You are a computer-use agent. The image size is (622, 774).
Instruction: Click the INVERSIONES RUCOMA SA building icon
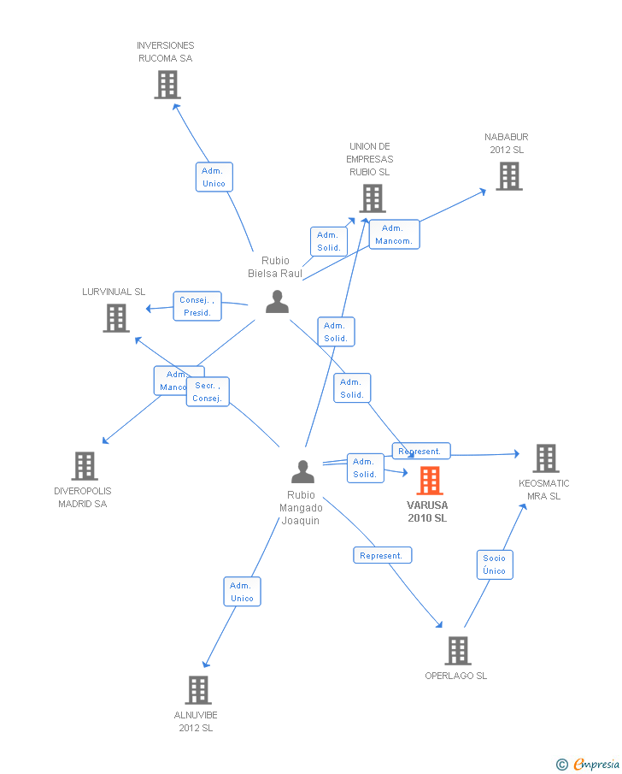point(167,85)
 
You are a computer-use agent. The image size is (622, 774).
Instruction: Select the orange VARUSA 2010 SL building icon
point(430,481)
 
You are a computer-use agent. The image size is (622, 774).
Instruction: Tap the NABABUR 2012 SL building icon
point(509,176)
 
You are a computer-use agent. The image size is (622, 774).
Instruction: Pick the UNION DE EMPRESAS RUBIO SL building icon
point(372,198)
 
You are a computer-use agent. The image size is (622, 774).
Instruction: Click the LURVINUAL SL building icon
point(115,318)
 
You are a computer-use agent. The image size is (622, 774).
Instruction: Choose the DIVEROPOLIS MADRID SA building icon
point(84,466)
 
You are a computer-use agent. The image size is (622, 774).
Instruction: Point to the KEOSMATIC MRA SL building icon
point(545,458)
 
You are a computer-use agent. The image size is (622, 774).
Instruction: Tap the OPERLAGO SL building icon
point(457,651)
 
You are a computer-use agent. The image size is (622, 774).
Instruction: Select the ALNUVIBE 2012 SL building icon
point(197,690)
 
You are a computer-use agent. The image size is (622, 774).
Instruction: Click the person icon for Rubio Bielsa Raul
point(277,301)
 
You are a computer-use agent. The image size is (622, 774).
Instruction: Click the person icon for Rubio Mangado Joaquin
point(302,471)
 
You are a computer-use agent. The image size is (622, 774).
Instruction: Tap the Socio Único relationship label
point(494,564)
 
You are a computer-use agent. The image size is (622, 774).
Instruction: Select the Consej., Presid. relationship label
point(197,306)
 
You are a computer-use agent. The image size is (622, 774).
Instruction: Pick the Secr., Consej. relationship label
point(208,392)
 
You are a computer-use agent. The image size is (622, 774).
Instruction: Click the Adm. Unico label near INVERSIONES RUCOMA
point(214,177)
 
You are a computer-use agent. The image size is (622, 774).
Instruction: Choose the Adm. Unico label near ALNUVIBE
point(242,592)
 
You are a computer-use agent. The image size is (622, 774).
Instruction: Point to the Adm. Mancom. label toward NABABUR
point(393,234)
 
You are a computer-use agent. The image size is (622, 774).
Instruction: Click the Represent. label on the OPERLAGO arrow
point(381,555)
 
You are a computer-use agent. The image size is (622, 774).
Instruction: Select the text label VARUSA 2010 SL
point(427,511)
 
